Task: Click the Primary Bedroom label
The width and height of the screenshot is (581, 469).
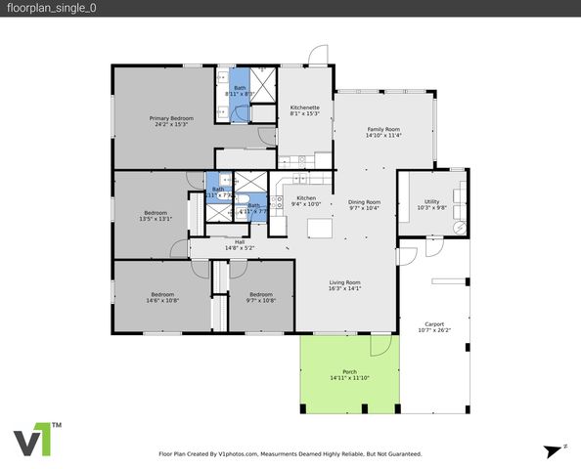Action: pyautogui.click(x=163, y=118)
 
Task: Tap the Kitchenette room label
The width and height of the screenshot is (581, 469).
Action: pyautogui.click(x=305, y=107)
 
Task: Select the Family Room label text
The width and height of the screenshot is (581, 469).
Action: pyautogui.click(x=383, y=130)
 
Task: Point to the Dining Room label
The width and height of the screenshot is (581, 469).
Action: pyautogui.click(x=365, y=202)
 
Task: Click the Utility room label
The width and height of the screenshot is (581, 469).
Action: pyautogui.click(x=431, y=201)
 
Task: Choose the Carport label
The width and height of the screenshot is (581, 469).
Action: pyautogui.click(x=434, y=324)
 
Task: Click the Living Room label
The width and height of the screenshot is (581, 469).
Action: pyautogui.click(x=344, y=282)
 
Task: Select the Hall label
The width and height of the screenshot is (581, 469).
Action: pyautogui.click(x=240, y=242)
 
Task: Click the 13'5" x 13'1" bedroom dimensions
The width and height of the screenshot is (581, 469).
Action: pyautogui.click(x=157, y=219)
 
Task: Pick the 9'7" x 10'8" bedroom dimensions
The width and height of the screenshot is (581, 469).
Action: pyautogui.click(x=260, y=301)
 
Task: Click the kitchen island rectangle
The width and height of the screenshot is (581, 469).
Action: pyautogui.click(x=320, y=229)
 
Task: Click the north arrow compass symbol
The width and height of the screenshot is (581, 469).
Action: pyautogui.click(x=555, y=448)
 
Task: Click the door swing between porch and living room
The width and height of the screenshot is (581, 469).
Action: pyautogui.click(x=380, y=346)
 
